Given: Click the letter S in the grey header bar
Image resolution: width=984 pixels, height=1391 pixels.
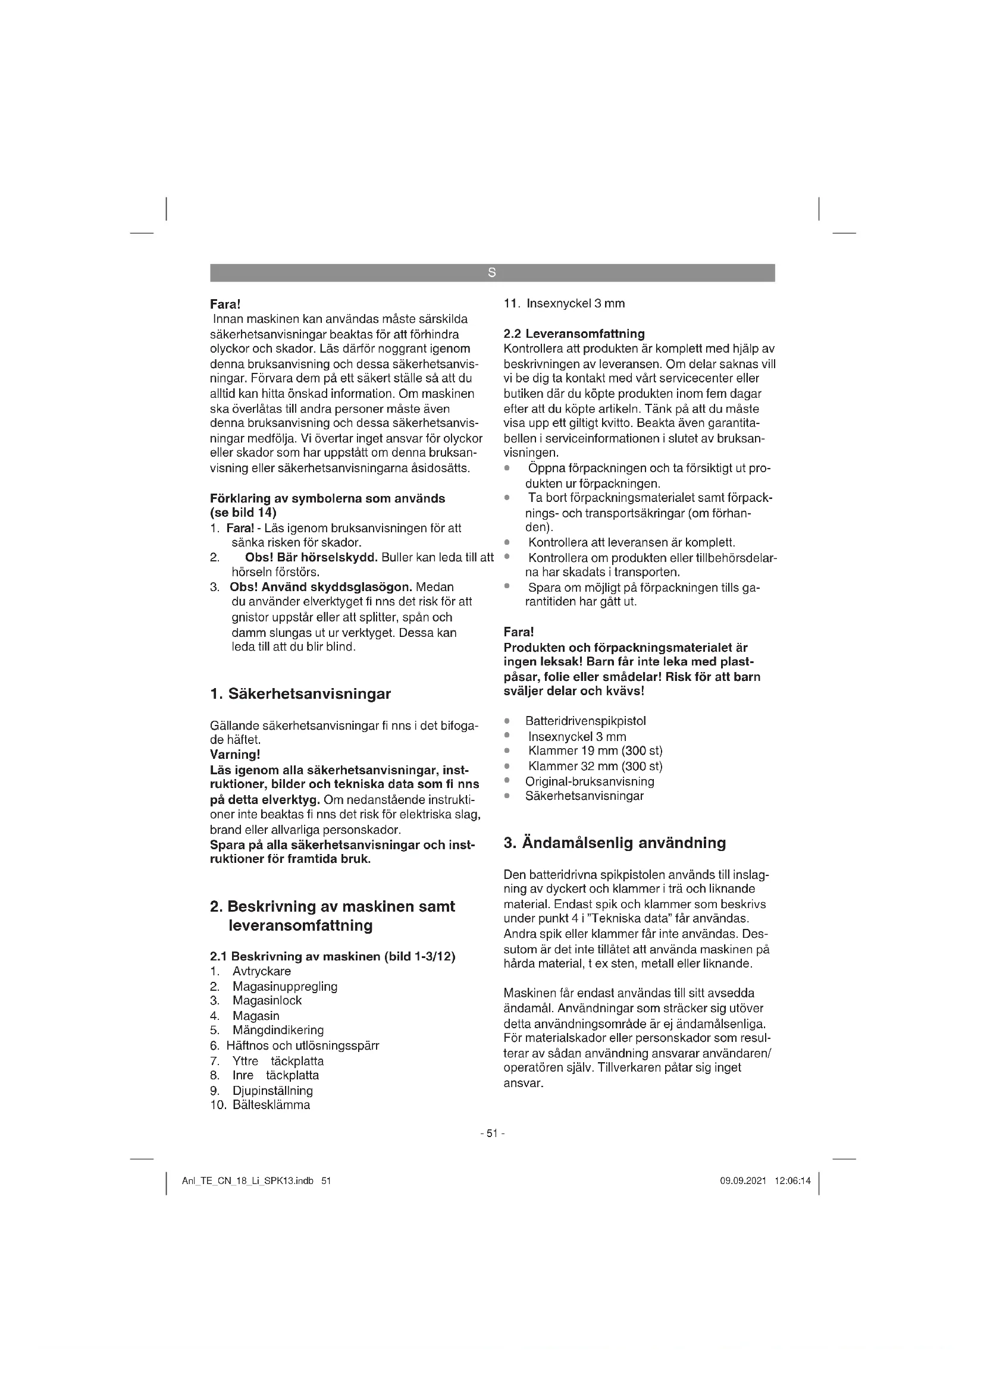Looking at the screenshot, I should [x=491, y=273].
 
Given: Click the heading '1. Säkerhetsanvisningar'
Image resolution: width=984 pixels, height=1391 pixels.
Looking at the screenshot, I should [x=300, y=694].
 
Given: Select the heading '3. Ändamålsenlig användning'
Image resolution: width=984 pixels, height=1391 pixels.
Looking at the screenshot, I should [x=615, y=843].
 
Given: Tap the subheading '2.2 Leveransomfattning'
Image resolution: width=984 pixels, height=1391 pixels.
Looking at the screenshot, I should [x=574, y=334].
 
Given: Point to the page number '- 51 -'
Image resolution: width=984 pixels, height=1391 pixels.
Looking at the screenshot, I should [x=492, y=1133].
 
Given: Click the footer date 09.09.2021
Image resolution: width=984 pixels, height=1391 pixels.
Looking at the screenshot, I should [x=743, y=1181].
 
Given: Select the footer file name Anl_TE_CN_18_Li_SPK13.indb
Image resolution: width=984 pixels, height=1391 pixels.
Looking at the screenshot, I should [x=248, y=1181].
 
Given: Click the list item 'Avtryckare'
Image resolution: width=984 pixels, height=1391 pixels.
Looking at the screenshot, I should [x=262, y=971].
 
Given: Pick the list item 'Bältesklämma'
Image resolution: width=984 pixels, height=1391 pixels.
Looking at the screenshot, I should [x=271, y=1104].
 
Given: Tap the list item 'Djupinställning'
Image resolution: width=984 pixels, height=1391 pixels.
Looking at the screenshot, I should [x=272, y=1091].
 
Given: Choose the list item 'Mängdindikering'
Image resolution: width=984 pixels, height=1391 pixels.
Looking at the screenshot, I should [x=278, y=1030].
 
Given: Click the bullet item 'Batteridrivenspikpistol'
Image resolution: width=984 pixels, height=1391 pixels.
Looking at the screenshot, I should [x=585, y=721].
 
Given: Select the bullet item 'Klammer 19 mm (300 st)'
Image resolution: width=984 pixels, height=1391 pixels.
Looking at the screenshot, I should [x=595, y=751].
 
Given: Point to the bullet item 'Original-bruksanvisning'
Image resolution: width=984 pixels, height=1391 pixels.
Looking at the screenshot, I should [x=590, y=781].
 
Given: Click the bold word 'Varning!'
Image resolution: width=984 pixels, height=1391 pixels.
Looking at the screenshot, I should [x=235, y=755].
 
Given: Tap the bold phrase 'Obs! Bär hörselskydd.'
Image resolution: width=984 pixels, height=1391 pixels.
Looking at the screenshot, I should [x=311, y=557].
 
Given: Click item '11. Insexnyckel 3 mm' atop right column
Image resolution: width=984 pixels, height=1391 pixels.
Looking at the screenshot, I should [x=564, y=303].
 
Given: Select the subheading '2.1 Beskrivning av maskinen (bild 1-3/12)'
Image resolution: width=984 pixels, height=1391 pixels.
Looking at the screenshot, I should [x=332, y=957].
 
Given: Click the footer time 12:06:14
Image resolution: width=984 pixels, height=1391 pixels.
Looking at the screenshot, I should [x=792, y=1181].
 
